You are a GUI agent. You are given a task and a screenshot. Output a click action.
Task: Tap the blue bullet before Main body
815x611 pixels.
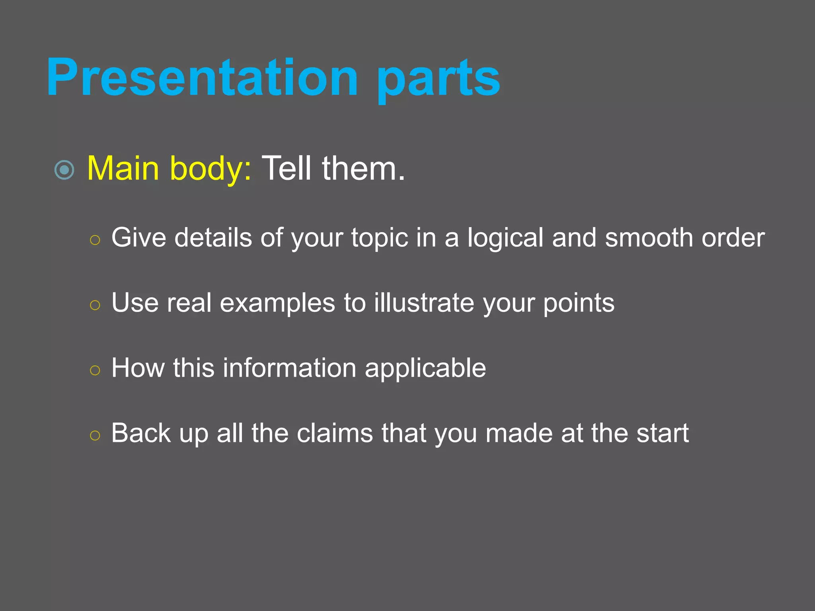[x=64, y=170]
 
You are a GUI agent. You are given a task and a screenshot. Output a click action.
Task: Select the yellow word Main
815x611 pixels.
[x=123, y=169]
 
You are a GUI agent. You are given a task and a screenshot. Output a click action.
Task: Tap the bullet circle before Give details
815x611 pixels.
[x=95, y=240]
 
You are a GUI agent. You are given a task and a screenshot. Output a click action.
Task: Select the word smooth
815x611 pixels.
[x=649, y=238]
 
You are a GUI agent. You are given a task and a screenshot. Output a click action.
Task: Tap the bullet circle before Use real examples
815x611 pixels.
[x=95, y=305]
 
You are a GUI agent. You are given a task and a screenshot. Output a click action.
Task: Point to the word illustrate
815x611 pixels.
[x=424, y=303]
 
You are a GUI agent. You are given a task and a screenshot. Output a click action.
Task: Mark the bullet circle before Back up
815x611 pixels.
[x=95, y=436]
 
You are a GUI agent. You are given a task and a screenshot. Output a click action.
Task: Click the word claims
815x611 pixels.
[x=335, y=433]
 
